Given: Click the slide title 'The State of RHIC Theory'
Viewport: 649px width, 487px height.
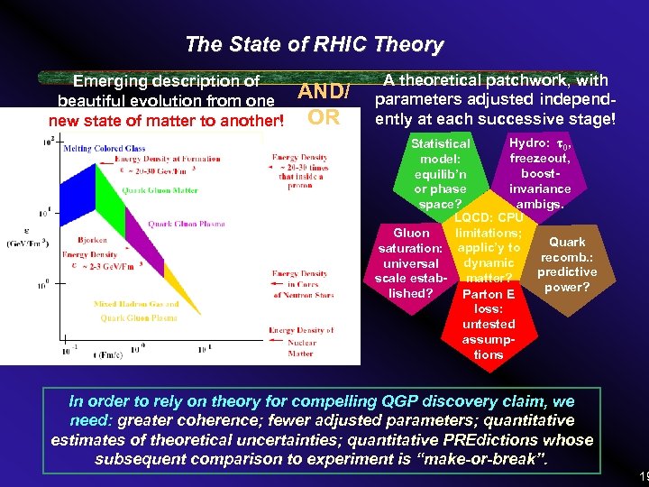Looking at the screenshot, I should (314, 44).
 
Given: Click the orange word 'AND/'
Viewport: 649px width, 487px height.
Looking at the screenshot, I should (324, 92).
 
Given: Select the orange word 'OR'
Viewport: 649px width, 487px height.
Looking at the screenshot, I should (324, 117).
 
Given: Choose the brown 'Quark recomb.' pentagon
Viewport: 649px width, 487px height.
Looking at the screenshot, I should (566, 264).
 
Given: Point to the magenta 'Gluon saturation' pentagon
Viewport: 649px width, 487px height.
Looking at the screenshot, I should (410, 262).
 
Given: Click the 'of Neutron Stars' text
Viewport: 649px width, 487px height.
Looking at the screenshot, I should (303, 295).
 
